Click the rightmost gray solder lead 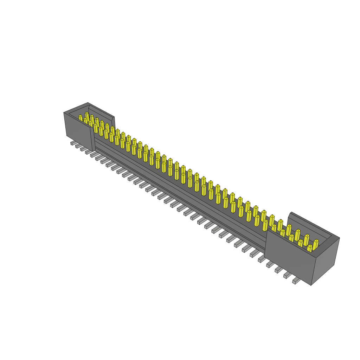[296, 281]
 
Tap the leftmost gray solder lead [73, 143]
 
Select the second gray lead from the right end [288, 275]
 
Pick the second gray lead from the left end [78, 146]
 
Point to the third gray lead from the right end [279, 269]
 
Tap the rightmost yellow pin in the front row [309, 249]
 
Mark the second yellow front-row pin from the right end [300, 243]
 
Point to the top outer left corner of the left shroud [64, 113]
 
